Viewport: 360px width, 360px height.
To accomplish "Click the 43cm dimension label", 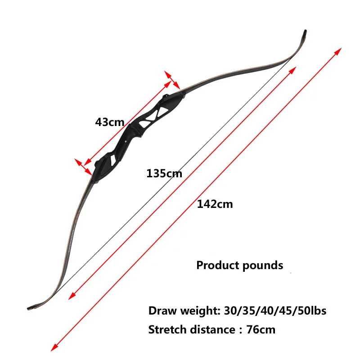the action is click(110, 122).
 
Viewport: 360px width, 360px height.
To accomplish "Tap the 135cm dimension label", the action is click(164, 173).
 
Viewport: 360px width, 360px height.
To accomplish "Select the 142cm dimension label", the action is click(215, 204).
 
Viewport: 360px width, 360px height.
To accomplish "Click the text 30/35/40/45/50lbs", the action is click(275, 311).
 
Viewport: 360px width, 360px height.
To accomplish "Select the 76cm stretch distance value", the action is click(261, 330).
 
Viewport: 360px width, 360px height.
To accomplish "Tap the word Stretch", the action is click(167, 330).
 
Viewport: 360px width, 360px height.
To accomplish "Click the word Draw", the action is click(162, 311).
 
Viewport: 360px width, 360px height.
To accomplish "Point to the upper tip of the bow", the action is click(305, 31).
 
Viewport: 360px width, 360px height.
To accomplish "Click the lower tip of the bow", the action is click(29, 308).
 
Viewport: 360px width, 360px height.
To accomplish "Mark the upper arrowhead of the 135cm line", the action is click(292, 70).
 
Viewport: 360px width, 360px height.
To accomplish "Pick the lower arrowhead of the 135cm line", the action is click(72, 296).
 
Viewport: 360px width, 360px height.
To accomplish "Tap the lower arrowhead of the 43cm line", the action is click(87, 162).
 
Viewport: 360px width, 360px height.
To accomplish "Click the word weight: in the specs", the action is click(200, 311).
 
